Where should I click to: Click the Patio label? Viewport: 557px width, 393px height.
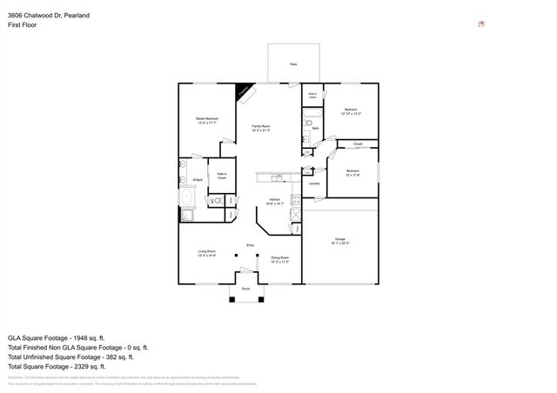[293, 65]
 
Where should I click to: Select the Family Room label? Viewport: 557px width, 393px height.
[260, 127]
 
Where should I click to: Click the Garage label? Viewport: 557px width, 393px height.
[340, 240]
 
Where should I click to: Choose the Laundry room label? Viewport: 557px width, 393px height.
[314, 183]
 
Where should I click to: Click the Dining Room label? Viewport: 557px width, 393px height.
[279, 258]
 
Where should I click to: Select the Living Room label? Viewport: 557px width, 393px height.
[206, 253]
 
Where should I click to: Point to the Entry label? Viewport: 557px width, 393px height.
[251, 244]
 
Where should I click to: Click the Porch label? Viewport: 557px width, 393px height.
[245, 289]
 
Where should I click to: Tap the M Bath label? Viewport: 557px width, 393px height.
[198, 180]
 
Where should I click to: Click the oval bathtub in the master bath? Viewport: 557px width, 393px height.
[186, 198]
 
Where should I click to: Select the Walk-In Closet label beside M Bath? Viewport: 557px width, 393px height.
[222, 176]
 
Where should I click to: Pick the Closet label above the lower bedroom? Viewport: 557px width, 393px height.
[357, 143]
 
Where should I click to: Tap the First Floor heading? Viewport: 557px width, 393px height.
[23, 27]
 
